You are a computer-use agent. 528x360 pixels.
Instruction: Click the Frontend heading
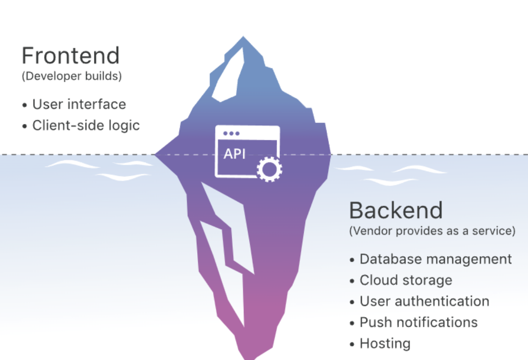tap(71, 56)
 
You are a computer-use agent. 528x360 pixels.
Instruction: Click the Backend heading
tap(396, 210)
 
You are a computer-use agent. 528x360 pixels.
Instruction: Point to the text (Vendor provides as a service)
tap(432, 231)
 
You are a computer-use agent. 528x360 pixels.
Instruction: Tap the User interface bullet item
tap(79, 104)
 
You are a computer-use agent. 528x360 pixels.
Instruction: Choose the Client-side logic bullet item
tap(86, 125)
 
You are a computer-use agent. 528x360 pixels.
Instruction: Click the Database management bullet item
tap(435, 259)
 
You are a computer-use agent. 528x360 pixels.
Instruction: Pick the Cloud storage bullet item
tap(406, 280)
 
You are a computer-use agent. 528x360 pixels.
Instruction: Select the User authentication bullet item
tap(424, 301)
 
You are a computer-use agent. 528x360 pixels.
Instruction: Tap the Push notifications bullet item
tap(418, 322)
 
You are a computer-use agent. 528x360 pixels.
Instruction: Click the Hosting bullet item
tap(385, 344)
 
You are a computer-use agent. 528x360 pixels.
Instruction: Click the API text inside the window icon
tap(235, 154)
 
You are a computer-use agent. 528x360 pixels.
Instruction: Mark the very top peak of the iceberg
tap(243, 37)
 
